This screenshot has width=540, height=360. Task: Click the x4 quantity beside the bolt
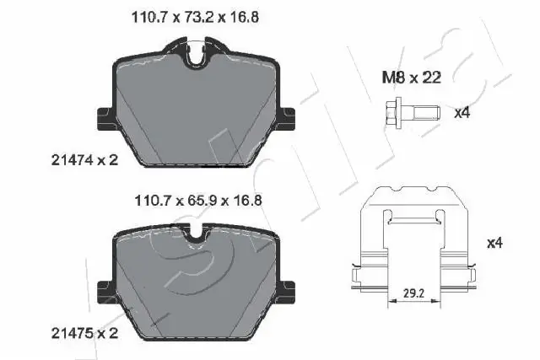click(x=462, y=112)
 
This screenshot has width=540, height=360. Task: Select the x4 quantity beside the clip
click(x=494, y=244)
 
